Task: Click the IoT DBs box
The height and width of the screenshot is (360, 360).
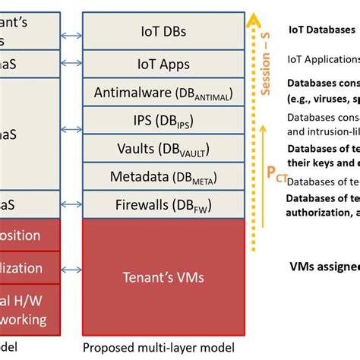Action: [163, 32]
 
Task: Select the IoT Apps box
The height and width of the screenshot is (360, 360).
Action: [163, 65]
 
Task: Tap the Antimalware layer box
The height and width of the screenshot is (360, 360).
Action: [163, 93]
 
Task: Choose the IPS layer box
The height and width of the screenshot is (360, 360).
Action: [163, 120]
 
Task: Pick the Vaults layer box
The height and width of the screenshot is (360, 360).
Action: [163, 147]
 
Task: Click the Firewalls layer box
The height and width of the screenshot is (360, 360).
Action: [163, 204]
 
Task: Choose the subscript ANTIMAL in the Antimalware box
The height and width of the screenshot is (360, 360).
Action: [212, 96]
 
